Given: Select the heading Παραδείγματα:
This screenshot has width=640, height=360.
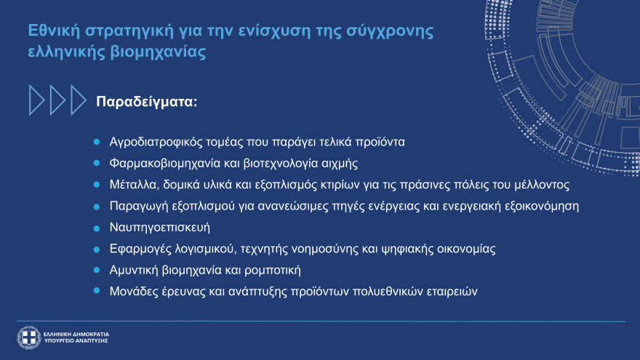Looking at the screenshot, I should [x=147, y=101].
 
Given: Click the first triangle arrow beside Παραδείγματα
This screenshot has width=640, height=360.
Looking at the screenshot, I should [x=36, y=100].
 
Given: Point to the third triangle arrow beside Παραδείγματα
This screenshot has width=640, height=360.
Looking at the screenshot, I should [x=78, y=100].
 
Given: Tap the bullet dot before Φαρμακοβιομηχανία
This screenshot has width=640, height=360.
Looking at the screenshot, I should [x=97, y=162].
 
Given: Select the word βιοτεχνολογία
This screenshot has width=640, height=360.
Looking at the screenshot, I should [x=275, y=162].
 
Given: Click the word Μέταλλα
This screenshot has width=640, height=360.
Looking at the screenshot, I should [x=133, y=184].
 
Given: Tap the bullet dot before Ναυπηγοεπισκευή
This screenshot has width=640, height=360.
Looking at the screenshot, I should [x=97, y=227].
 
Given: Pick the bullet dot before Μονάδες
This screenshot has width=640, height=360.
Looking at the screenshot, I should [x=97, y=291].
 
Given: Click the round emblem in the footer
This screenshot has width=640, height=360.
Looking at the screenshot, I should [x=29, y=337].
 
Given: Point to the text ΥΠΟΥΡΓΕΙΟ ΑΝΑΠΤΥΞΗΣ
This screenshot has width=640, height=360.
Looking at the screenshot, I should [x=76, y=340].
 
